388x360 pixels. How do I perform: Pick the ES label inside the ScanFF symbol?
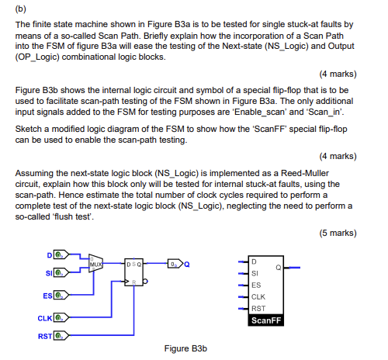click(x=257, y=285)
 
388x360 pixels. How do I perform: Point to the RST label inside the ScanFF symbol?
click(x=258, y=308)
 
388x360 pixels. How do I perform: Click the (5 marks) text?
click(x=338, y=233)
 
